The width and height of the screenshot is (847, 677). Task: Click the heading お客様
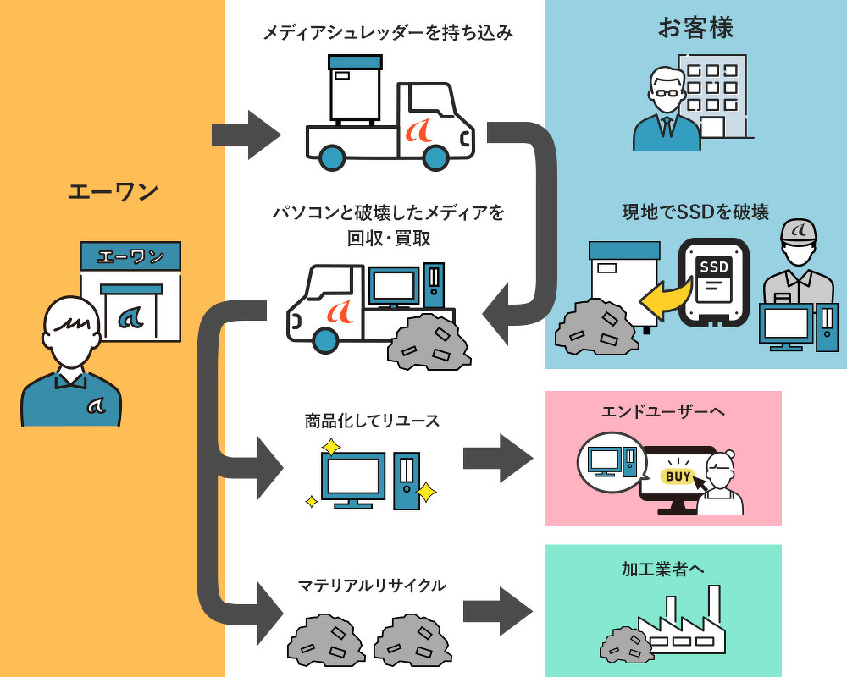pyautogui.click(x=695, y=28)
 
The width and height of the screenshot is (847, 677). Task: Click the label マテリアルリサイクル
pyautogui.click(x=371, y=585)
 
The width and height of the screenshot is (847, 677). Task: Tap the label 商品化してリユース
pyautogui.click(x=372, y=421)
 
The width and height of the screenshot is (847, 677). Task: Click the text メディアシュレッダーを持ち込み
pyautogui.click(x=388, y=33)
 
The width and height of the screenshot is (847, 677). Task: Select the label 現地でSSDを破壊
pyautogui.click(x=695, y=212)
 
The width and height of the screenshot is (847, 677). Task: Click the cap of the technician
pyautogui.click(x=797, y=231)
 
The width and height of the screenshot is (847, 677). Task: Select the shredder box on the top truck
pyautogui.click(x=355, y=88)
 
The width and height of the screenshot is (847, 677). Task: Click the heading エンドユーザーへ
pyautogui.click(x=662, y=411)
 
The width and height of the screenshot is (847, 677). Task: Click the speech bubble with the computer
pyautogui.click(x=611, y=462)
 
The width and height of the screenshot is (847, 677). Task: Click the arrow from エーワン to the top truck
pyautogui.click(x=245, y=135)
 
